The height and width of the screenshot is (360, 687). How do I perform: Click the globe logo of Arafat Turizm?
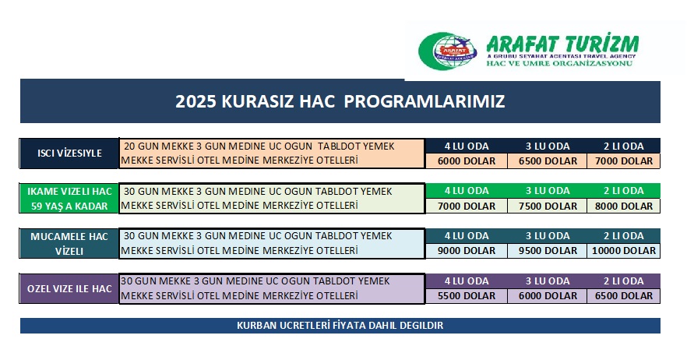447,51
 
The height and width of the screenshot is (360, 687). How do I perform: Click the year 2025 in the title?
196,101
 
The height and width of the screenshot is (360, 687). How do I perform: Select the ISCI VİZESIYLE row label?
69,153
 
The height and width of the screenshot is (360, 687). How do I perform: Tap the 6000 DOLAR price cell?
466,161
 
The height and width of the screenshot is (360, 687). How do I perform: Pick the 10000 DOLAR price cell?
623,251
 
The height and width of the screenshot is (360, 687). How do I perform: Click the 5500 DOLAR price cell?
466,296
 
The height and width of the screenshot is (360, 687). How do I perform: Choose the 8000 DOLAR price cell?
623,206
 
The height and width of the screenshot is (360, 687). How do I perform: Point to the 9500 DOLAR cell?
548,251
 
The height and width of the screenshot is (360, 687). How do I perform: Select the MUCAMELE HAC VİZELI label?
69,243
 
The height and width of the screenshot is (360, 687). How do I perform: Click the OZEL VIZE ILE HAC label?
69,288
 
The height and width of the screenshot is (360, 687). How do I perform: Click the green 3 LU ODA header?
548,191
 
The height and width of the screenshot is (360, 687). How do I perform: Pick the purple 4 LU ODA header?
466,281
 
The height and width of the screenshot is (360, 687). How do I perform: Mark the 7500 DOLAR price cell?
548,206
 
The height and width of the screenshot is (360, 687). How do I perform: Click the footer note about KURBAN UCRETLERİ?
340,326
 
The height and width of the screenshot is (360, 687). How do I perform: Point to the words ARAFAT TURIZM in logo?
562,44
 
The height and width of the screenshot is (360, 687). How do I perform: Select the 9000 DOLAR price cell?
466,251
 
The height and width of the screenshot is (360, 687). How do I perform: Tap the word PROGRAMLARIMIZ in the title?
424,101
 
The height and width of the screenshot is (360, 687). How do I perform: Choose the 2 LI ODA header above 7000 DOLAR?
623,146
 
